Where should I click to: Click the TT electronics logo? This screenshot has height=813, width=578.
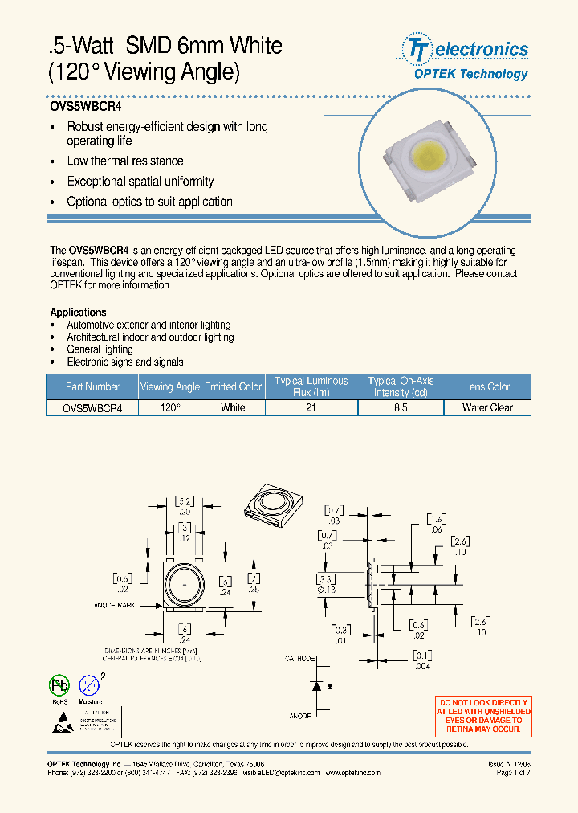[465, 51]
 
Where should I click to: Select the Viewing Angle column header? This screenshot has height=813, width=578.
[169, 386]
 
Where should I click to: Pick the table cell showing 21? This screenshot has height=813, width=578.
[311, 407]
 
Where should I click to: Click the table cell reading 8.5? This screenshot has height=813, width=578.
[401, 407]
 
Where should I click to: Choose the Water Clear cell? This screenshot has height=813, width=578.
[486, 407]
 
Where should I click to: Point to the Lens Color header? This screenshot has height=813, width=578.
[486, 386]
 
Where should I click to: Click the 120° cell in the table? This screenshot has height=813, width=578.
[169, 407]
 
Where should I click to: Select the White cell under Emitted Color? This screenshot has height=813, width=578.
[233, 407]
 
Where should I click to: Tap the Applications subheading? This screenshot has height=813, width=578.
[78, 312]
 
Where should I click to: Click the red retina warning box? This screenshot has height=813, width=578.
[482, 716]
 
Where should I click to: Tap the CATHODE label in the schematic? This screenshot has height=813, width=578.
[300, 658]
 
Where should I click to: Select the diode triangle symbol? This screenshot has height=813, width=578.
[317, 687]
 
